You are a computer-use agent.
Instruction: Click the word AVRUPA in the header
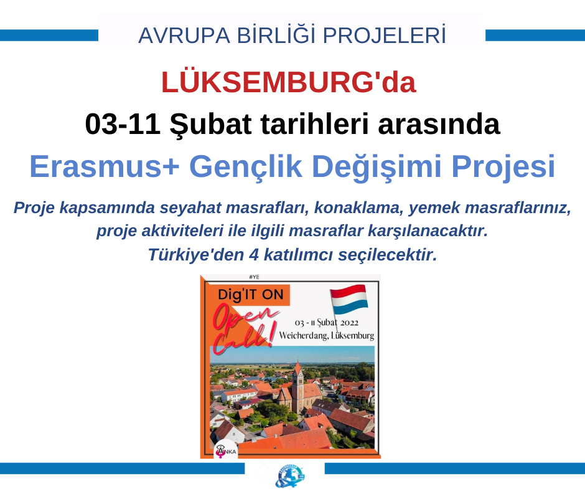184,36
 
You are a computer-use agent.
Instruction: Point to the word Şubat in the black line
210,125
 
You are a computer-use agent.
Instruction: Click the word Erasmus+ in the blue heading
105,166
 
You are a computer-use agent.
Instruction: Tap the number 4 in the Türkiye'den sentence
254,255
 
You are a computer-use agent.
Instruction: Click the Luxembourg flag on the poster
349,300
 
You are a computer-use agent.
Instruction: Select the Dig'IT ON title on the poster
251,295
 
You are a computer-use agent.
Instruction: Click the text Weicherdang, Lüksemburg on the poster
327,335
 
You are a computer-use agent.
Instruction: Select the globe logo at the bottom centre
289,476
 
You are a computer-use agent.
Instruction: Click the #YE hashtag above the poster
254,277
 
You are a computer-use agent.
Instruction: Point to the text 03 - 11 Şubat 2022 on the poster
327,323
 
